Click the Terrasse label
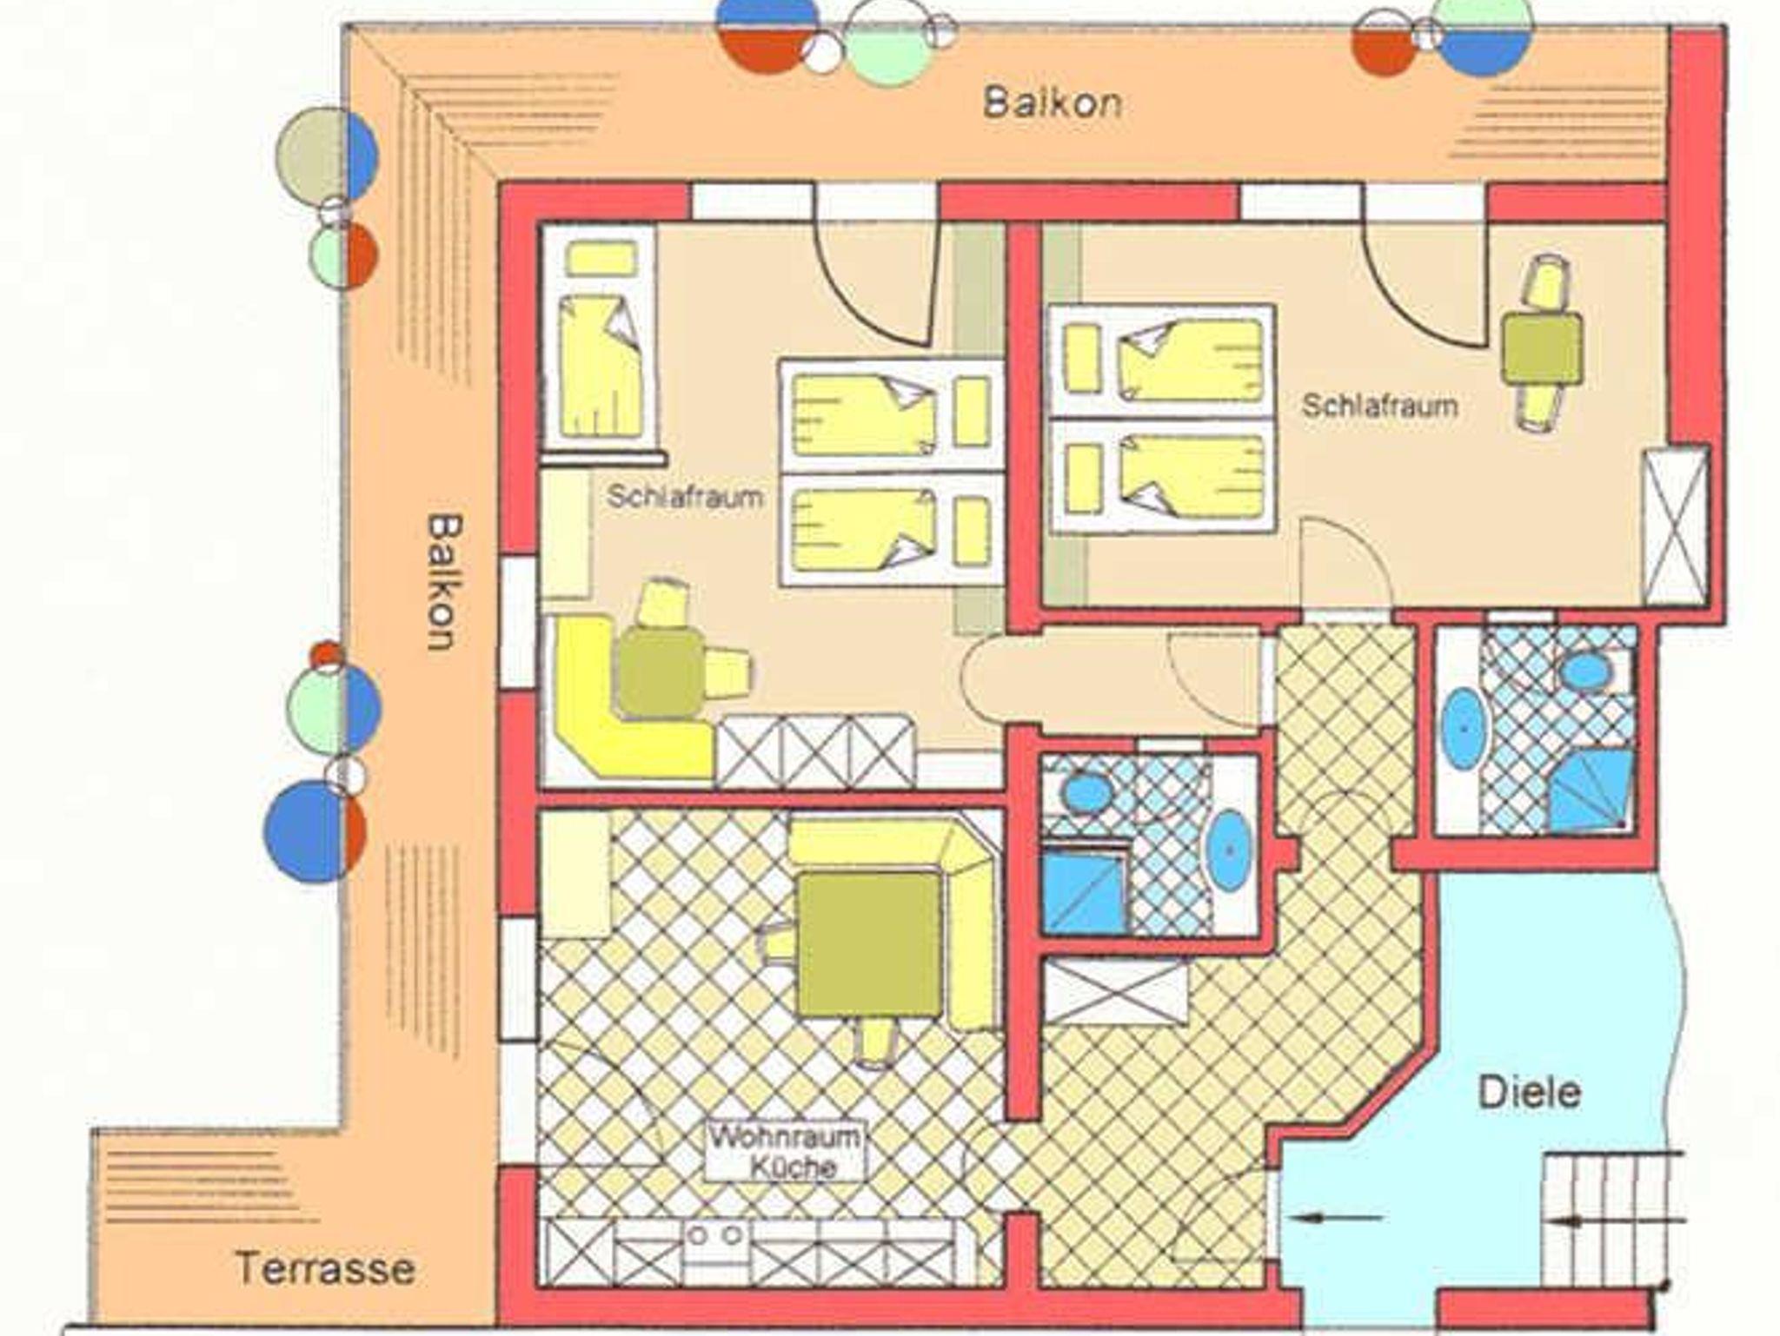coord(325,1269)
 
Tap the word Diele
coord(1529,1093)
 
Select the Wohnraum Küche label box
coord(786,1152)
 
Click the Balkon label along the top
coord(1053,103)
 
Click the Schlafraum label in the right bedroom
coord(1379,406)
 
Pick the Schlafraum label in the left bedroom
coord(685,497)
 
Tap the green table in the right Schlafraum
coord(1542,348)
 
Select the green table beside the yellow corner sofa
coord(661,673)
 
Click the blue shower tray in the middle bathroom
coord(1085,893)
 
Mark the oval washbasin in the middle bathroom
coord(1230,850)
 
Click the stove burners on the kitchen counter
coord(716,1234)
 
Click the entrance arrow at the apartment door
coord(1335,1218)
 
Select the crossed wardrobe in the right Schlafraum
coord(1676,526)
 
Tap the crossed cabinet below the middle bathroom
coord(1115,991)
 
